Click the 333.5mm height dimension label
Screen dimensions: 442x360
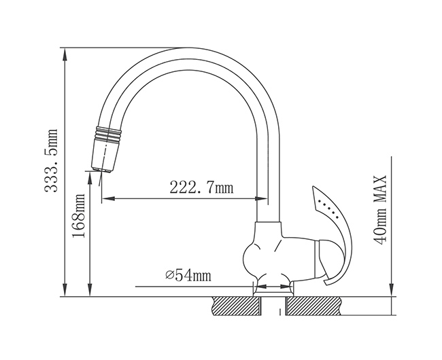pyautogui.click(x=51, y=161)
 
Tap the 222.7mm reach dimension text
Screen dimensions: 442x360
pyautogui.click(x=201, y=187)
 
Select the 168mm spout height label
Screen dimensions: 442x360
pyautogui.click(x=79, y=215)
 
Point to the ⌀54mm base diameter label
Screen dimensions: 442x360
pyautogui.click(x=188, y=275)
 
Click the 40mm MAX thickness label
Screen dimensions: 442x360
pyautogui.click(x=379, y=210)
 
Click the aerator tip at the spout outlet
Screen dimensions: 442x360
pyautogui.click(x=102, y=169)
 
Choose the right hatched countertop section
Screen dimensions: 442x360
pyautogui.click(x=313, y=306)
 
